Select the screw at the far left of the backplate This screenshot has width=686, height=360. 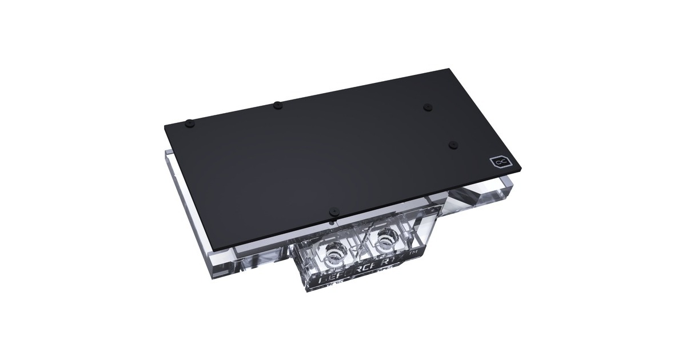[x=189, y=122]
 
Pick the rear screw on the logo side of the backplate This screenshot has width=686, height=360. [x=426, y=106]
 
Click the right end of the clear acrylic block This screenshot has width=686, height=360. [x=514, y=189]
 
